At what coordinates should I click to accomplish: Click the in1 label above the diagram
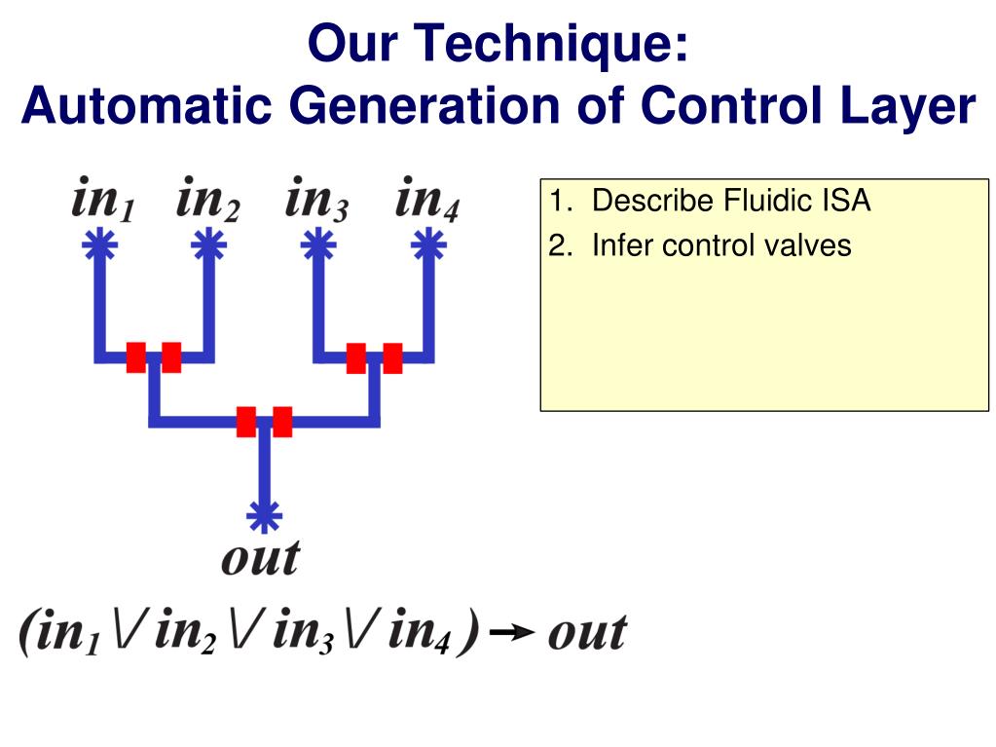click(103, 202)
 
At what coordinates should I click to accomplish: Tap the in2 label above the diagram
click(208, 202)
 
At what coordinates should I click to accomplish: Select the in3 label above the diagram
click(317, 202)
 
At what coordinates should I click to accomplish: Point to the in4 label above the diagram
click(427, 202)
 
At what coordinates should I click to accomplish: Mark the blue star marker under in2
click(207, 243)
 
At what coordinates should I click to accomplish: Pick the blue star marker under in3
click(316, 243)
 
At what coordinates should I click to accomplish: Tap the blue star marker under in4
click(425, 243)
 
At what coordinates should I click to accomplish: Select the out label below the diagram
click(261, 558)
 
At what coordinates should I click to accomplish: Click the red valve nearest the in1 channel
click(136, 357)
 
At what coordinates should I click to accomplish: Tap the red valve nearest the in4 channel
click(392, 357)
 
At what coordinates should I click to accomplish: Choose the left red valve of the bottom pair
click(246, 422)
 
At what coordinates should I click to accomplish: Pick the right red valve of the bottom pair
click(282, 422)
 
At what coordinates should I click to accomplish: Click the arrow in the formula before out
click(511, 634)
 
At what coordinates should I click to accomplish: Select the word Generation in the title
click(427, 105)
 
